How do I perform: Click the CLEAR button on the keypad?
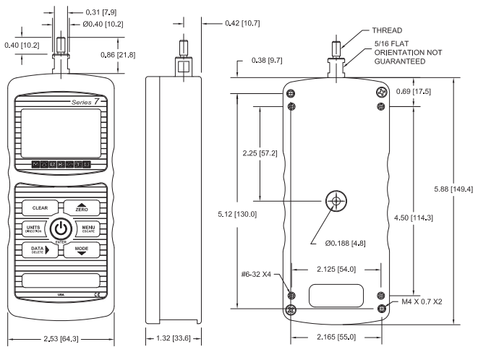[39, 207]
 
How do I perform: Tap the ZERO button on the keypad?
[80, 207]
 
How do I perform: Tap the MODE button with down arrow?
[80, 250]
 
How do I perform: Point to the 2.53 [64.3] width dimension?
[61, 340]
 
